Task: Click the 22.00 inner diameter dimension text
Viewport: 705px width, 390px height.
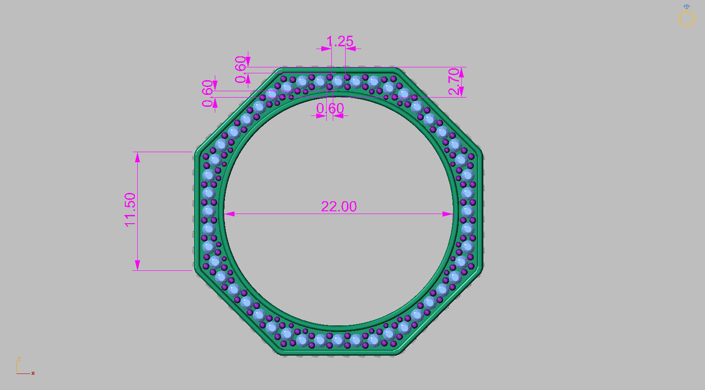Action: (x=339, y=207)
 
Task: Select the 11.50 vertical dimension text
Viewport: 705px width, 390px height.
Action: (x=130, y=209)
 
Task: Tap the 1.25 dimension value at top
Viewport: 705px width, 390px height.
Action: (x=340, y=42)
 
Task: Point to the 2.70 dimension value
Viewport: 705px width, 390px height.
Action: (x=454, y=82)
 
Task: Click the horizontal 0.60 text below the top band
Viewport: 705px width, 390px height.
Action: (x=330, y=109)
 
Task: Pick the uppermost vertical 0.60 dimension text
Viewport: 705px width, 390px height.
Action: (x=241, y=70)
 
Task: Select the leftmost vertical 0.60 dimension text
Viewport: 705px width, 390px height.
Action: (x=208, y=93)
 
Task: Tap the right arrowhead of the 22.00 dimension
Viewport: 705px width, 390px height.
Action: (x=448, y=214)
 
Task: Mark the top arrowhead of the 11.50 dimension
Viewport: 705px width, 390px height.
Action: (x=137, y=157)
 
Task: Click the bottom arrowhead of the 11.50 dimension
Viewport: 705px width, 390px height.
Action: (x=137, y=265)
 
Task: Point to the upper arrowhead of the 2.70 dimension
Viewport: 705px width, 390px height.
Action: (x=461, y=72)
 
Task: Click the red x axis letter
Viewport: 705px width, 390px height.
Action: (x=33, y=374)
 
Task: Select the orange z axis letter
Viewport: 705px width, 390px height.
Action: (x=19, y=359)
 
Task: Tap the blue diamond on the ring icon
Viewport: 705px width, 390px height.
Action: (x=687, y=7)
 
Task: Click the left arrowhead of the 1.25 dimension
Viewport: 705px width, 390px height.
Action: (x=327, y=48)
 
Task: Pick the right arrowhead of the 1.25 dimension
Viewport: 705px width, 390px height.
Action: (x=350, y=48)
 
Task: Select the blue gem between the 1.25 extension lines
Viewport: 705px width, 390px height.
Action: (x=338, y=82)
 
